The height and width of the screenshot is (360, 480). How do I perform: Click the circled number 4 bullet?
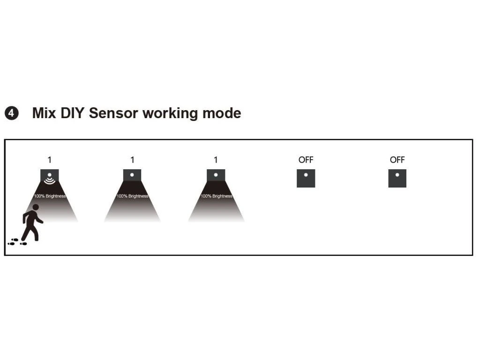pos(11,113)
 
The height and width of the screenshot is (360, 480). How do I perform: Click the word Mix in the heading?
pos(44,113)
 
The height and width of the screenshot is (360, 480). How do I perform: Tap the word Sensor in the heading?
pos(113,113)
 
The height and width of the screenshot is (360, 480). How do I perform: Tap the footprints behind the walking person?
pos(14,242)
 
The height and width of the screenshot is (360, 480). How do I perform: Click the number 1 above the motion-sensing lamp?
pos(50,160)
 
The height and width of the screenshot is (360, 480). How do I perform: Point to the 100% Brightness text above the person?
pos(50,196)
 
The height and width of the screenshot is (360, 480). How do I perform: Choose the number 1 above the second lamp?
pos(132,160)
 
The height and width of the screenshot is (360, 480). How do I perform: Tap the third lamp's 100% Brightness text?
pos(216,196)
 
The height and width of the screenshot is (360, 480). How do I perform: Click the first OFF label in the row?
pos(306,160)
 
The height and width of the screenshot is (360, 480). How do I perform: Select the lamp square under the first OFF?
pos(306,178)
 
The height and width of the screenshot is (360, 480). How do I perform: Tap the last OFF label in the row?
pos(397,160)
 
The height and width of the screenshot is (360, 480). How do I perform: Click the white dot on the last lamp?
pos(397,175)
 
